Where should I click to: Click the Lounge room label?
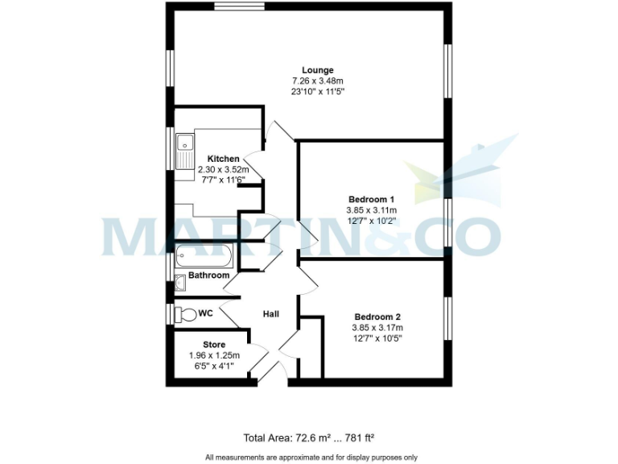(317, 70)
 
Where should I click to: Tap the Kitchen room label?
(223, 159)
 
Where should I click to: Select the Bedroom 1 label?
(371, 199)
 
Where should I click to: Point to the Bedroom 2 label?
(377, 317)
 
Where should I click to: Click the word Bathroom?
(208, 275)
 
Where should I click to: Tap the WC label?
(205, 313)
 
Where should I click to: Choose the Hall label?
(271, 313)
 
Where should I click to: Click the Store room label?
(214, 345)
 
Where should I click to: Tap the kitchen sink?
(183, 150)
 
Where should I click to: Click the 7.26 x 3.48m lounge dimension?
(317, 81)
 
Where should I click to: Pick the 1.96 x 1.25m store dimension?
(214, 355)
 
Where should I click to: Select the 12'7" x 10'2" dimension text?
(371, 220)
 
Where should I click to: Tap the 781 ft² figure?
(357, 438)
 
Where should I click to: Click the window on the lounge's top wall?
(240, 6)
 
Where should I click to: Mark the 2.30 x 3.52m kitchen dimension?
(223, 169)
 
